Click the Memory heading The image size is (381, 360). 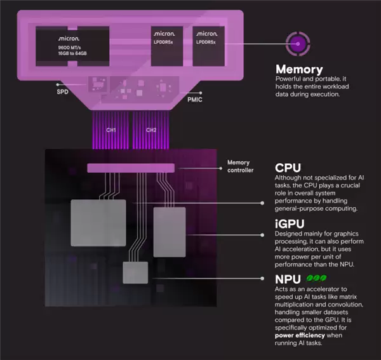[x=299, y=69]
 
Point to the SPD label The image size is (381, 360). [x=62, y=91]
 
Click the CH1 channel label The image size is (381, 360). [x=111, y=130]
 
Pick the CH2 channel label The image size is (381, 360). [x=151, y=130]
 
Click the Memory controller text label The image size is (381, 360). [x=239, y=166]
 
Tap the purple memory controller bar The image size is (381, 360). [x=130, y=168]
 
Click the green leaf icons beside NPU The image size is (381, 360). [x=317, y=278]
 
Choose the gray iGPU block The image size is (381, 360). [x=170, y=227]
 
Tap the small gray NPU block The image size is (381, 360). [x=135, y=272]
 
